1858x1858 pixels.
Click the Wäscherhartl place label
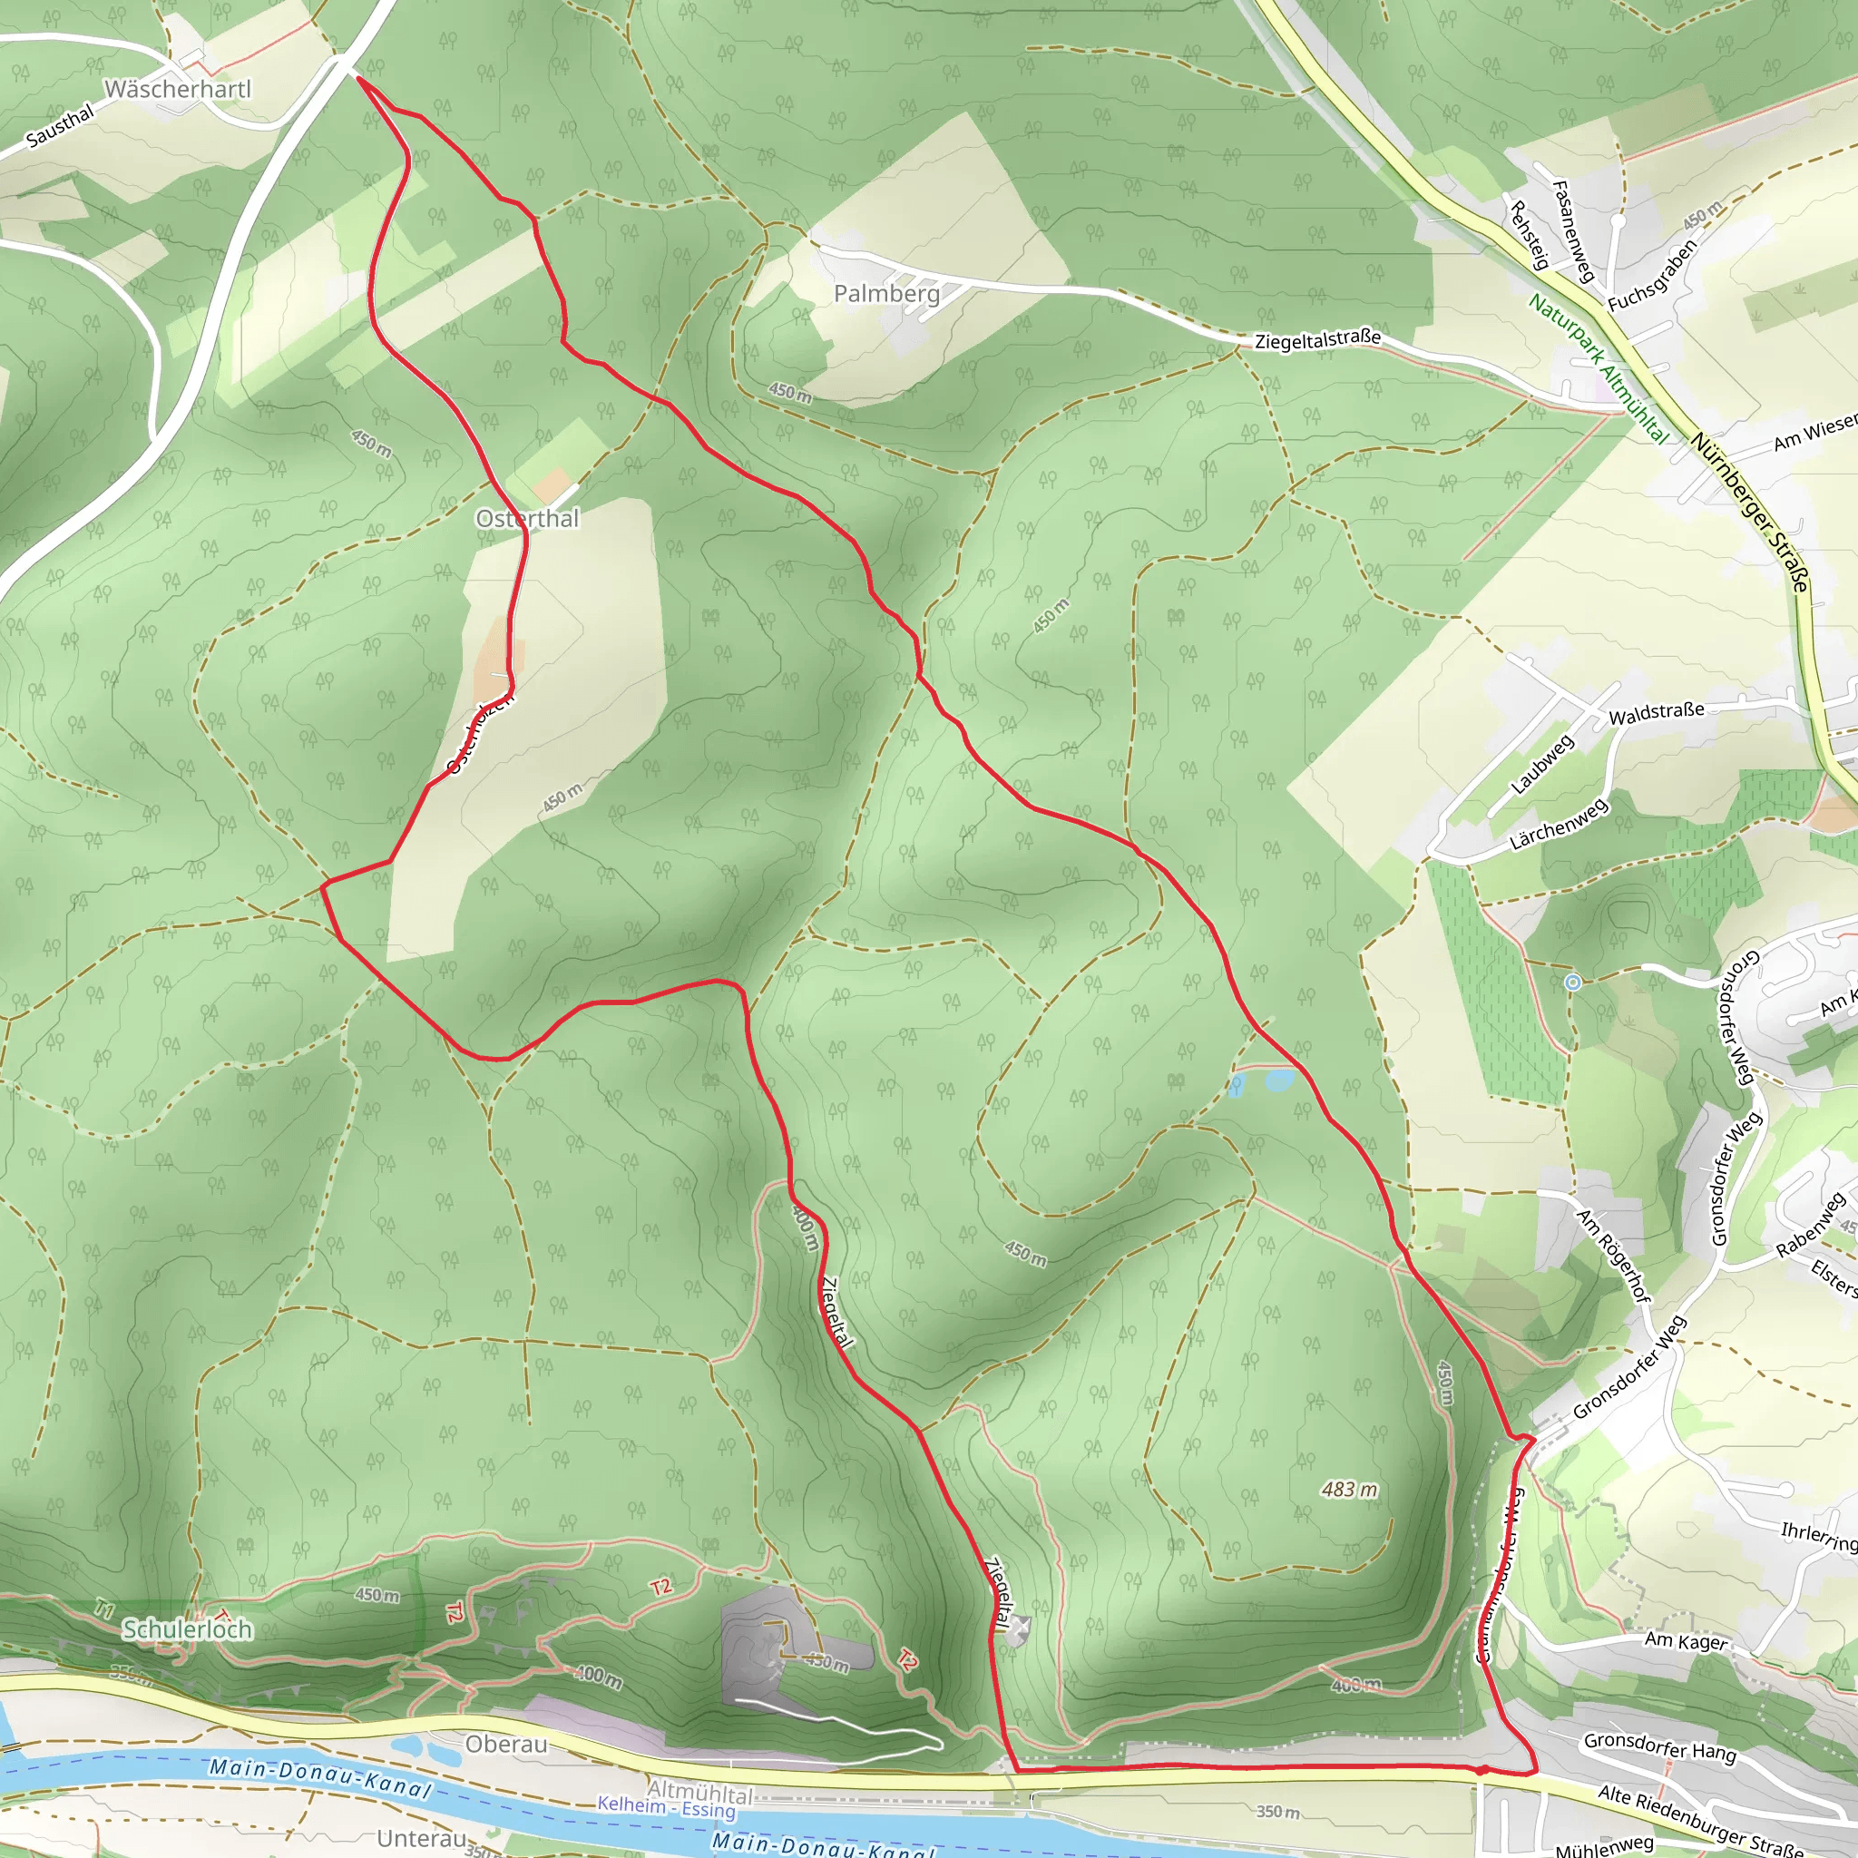click(x=178, y=90)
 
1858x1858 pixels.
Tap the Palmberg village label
click(x=886, y=293)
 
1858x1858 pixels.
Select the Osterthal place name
click(x=528, y=519)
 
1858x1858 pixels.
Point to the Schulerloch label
click(x=188, y=1629)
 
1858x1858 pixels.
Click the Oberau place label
click(x=506, y=1744)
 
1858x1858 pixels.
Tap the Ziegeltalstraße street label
click(x=1317, y=338)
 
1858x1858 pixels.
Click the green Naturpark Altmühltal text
click(x=1599, y=367)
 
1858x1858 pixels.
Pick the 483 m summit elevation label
click(x=1349, y=1490)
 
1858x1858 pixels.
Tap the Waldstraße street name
click(x=1656, y=712)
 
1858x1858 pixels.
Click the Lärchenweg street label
click(x=1559, y=824)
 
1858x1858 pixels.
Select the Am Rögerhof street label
click(x=1613, y=1255)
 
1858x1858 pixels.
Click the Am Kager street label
click(x=1686, y=1640)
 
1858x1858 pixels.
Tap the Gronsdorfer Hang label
click(x=1660, y=1746)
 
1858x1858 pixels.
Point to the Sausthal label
click(x=60, y=126)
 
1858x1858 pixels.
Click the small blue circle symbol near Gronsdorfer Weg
click(x=1572, y=982)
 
